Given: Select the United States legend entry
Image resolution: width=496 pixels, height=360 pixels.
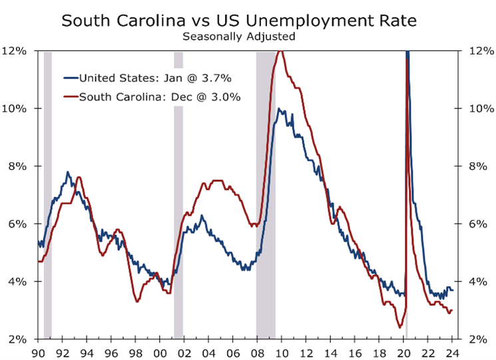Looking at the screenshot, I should pyautogui.click(x=155, y=79).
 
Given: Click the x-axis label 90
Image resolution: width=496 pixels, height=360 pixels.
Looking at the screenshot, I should pyautogui.click(x=38, y=352).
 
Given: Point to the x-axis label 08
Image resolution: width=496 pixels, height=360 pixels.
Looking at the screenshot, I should pyautogui.click(x=257, y=352).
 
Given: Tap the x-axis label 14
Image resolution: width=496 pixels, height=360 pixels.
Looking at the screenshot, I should pyautogui.click(x=331, y=352).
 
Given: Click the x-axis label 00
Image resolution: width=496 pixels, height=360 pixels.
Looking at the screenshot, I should pyautogui.click(x=160, y=352).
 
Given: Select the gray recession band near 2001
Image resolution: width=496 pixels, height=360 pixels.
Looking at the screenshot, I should pyautogui.click(x=178, y=200).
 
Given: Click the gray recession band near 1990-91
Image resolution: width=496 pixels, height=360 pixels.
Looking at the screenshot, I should pyautogui.click(x=47, y=200).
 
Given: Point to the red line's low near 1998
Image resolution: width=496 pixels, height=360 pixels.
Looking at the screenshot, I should pyautogui.click(x=137, y=301).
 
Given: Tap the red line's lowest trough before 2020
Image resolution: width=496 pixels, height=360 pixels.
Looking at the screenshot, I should pyautogui.click(x=400, y=327).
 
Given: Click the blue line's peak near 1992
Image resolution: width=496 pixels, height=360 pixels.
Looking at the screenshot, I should pyautogui.click(x=67, y=172).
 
